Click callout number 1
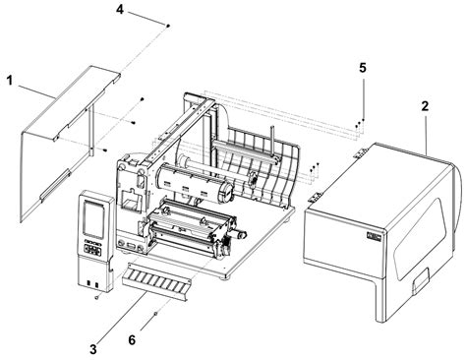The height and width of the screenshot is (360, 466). pyautogui.click(x=10, y=81)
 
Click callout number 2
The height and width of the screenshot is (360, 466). pyautogui.click(x=425, y=106)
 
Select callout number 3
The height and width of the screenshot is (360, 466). pyautogui.click(x=93, y=349)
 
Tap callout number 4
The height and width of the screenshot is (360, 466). pyautogui.click(x=120, y=10)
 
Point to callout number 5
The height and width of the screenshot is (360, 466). pyautogui.click(x=363, y=68)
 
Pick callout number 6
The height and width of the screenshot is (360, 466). pyautogui.click(x=132, y=340)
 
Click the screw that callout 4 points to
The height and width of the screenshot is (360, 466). pyautogui.click(x=168, y=26)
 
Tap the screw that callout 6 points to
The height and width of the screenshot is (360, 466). pyautogui.click(x=155, y=314)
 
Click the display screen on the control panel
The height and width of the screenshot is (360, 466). pyautogui.click(x=93, y=218)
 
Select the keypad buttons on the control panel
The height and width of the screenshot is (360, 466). pyautogui.click(x=92, y=250)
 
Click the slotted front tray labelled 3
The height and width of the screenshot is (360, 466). pyautogui.click(x=155, y=281)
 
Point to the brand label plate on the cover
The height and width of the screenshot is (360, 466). pyautogui.click(x=374, y=236)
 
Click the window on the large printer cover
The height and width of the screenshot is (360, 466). pyautogui.click(x=420, y=238)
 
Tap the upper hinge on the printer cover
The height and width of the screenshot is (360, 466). pyautogui.click(x=361, y=152)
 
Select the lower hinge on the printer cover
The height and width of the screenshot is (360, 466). pyautogui.click(x=315, y=197)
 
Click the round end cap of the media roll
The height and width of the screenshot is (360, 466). pyautogui.click(x=226, y=192)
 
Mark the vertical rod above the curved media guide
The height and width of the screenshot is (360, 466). pyautogui.click(x=272, y=142)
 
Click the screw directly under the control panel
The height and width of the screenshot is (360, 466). pyautogui.click(x=96, y=297)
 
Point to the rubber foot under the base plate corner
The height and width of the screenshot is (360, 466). pyautogui.click(x=225, y=278)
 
